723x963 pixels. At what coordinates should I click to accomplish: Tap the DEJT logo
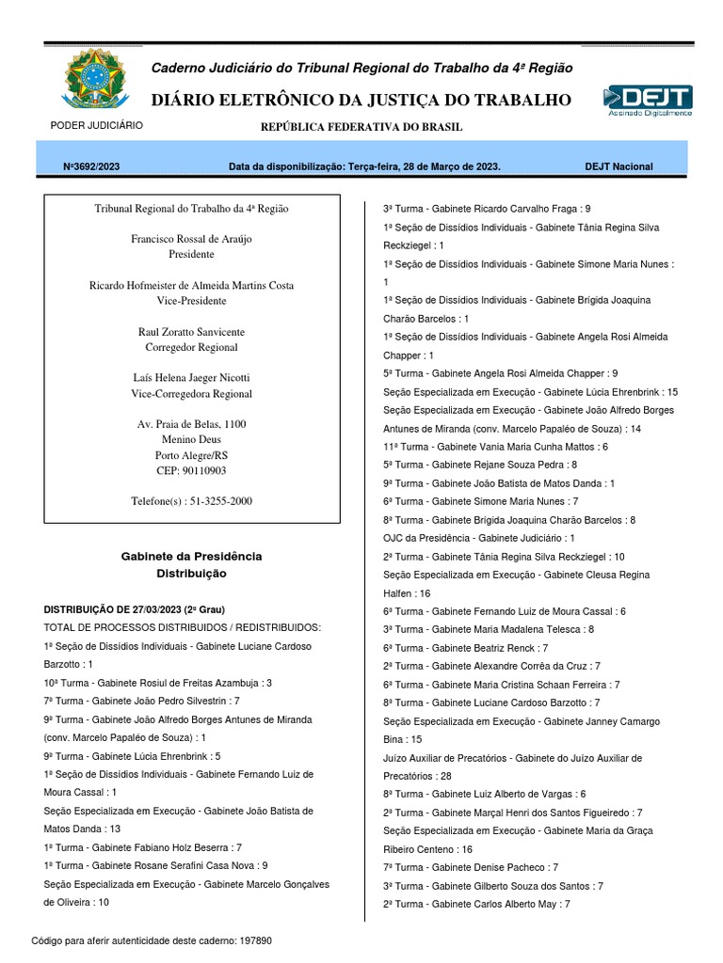648,100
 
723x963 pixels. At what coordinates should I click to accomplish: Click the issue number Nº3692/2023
90,166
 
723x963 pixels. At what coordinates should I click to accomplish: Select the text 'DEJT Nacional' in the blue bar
619,166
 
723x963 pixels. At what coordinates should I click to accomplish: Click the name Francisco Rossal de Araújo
191,239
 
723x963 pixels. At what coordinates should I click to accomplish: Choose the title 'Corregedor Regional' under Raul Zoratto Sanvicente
191,347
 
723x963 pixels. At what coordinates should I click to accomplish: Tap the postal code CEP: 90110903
191,470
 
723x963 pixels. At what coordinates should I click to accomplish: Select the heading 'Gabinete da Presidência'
191,556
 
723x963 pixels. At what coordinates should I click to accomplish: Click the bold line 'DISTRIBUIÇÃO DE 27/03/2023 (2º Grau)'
135,609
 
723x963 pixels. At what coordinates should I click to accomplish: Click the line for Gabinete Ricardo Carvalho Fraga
487,209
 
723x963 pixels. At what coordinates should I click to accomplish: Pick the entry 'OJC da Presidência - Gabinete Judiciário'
478,538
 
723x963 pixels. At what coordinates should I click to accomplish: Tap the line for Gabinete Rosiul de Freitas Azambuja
158,683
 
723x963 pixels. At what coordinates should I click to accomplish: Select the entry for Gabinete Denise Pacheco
471,867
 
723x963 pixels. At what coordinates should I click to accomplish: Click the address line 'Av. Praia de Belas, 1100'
191,424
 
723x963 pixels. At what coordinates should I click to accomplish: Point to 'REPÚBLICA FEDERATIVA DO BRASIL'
361,127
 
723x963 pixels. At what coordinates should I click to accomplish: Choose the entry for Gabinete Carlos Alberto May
476,904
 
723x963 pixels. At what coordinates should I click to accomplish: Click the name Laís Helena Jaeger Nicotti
191,378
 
